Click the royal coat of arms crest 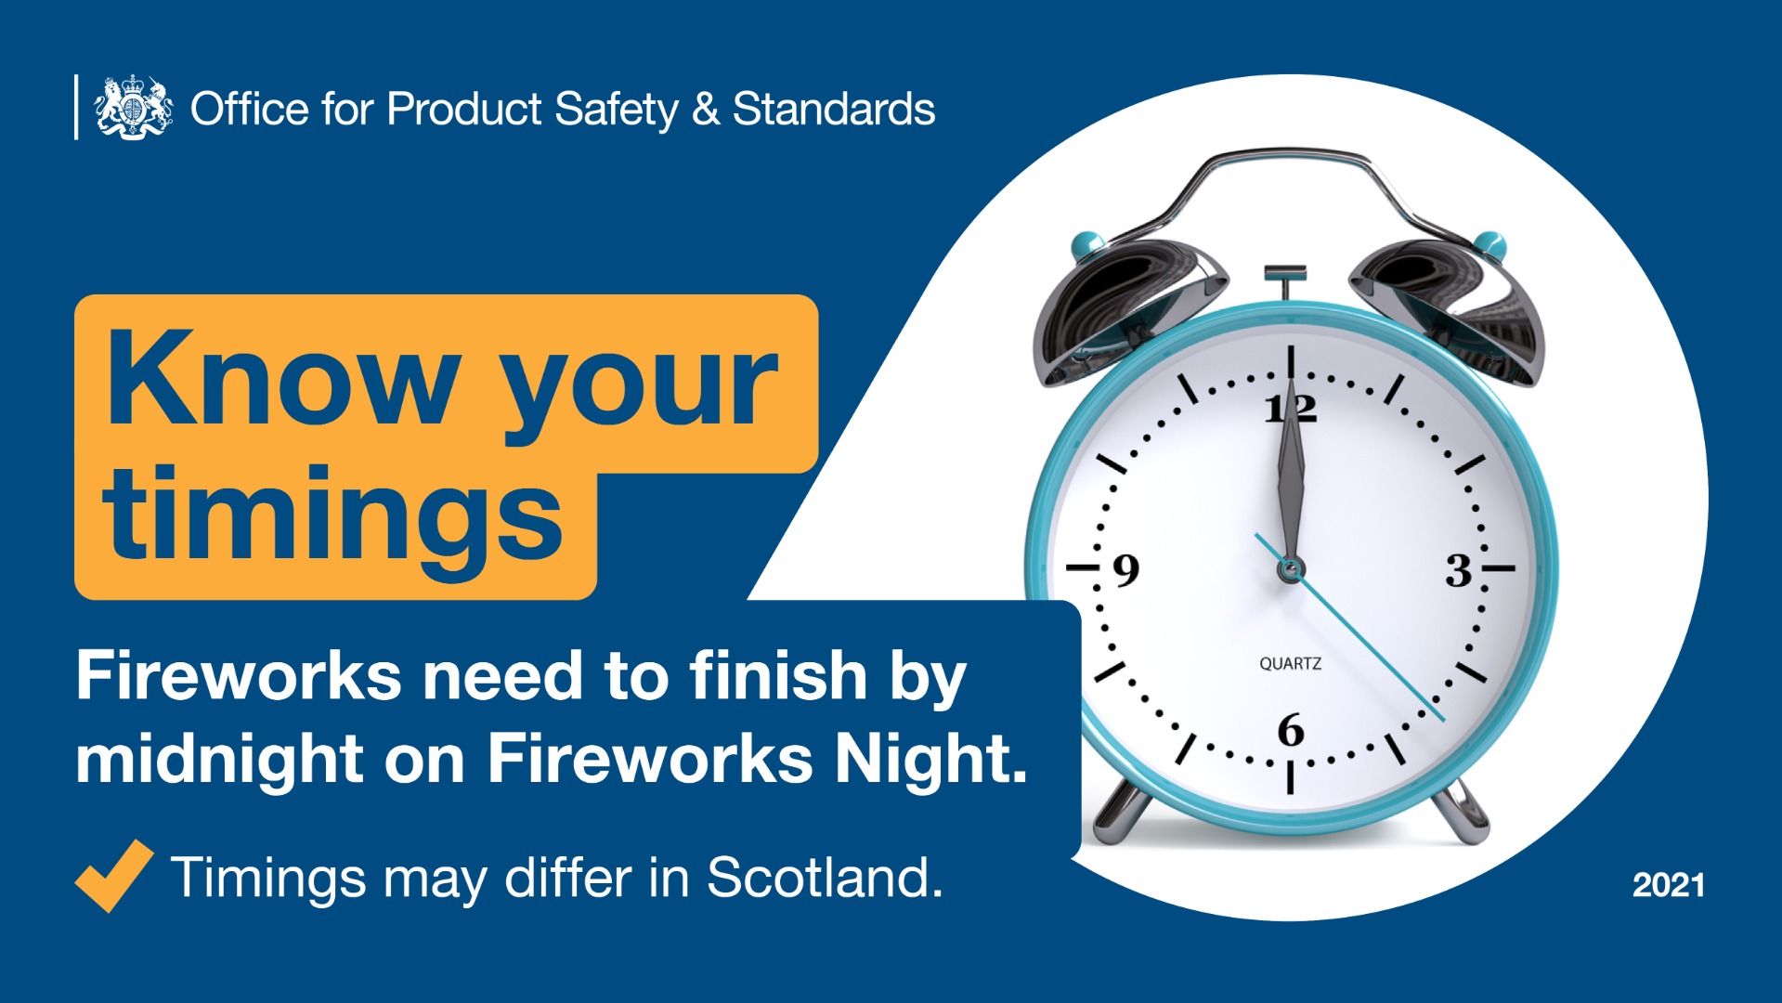coord(134,107)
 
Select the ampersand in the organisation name coord(706,109)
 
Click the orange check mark coord(113,875)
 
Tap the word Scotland coord(825,877)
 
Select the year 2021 coord(1669,884)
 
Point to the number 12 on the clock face coord(1291,409)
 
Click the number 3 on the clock coord(1459,570)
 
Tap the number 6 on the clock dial coord(1291,731)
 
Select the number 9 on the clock coord(1125,570)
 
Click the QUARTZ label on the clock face coord(1290,663)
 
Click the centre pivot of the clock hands coord(1290,568)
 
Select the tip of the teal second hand coord(1444,720)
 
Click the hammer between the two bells coord(1285,280)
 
